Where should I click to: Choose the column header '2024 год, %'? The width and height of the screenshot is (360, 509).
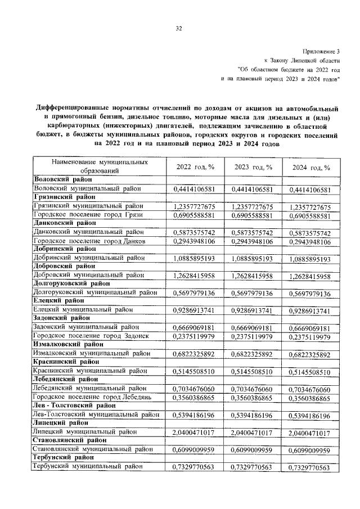pyautogui.click(x=310, y=168)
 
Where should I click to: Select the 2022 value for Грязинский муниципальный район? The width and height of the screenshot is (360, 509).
pyautogui.click(x=195, y=207)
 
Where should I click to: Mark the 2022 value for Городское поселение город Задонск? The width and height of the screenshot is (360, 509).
pyautogui.click(x=195, y=337)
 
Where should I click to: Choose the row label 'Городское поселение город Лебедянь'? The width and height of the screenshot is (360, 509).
pyautogui.click(x=92, y=398)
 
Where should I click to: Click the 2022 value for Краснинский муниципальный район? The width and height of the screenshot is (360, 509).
pyautogui.click(x=195, y=372)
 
